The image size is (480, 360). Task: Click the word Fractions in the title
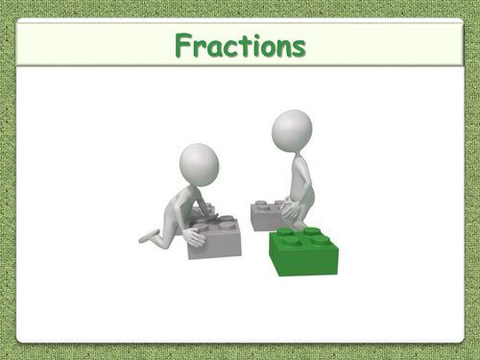[240, 45]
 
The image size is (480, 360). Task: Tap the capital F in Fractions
[184, 45]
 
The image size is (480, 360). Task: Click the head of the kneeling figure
[201, 163]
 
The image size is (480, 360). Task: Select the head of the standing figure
[292, 129]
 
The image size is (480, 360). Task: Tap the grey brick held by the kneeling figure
[217, 237]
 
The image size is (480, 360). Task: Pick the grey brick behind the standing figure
[265, 215]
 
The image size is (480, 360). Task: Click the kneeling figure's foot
[145, 236]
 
